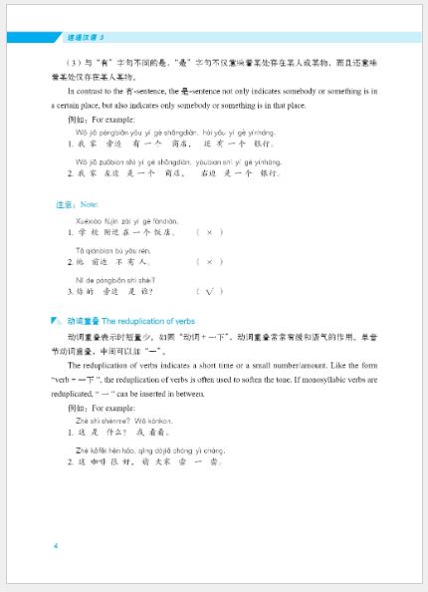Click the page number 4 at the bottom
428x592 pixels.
click(57, 546)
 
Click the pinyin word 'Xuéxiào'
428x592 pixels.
click(90, 220)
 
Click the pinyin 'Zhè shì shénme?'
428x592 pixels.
click(101, 422)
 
